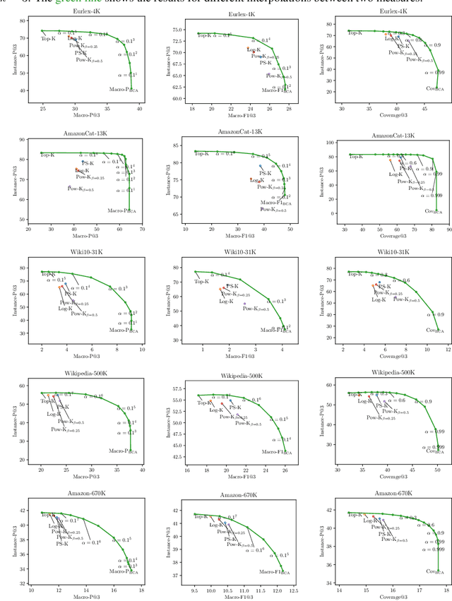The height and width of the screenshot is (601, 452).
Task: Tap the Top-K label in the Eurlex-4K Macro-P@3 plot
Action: point(49,37)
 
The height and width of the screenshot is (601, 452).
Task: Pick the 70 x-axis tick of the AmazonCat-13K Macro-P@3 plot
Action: point(142,228)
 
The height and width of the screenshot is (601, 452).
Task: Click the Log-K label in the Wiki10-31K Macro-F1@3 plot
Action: point(227,301)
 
